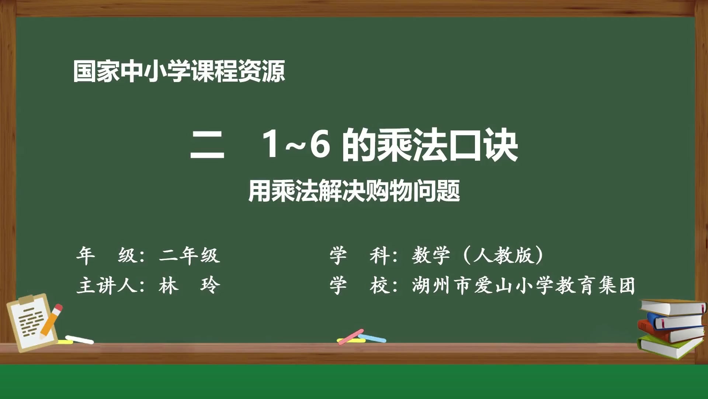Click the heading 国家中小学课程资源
(179, 71)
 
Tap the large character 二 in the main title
(207, 146)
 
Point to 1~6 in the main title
(295, 145)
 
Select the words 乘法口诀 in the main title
(448, 146)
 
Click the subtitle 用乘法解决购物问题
(354, 191)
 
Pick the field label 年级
(107, 255)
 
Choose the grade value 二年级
(190, 255)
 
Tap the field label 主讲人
(107, 286)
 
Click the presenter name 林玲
(190, 286)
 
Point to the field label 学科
(360, 255)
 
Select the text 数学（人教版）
(478, 255)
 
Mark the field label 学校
(360, 286)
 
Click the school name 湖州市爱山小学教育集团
(524, 286)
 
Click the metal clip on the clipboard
(27, 300)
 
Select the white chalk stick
(80, 340)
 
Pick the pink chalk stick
(350, 337)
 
